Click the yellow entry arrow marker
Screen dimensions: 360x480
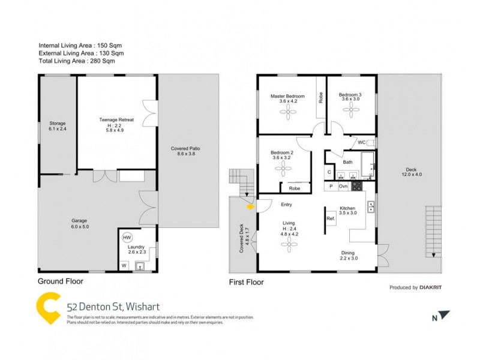(x=250, y=207)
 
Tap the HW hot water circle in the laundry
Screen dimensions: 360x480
(x=127, y=238)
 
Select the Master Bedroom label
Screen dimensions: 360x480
(x=287, y=96)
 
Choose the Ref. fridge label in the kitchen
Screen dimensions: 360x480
(x=330, y=218)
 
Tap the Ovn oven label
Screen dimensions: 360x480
(x=343, y=187)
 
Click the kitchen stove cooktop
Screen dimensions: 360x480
(x=356, y=186)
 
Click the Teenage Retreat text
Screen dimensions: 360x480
(x=116, y=120)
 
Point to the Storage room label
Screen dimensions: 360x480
(x=58, y=123)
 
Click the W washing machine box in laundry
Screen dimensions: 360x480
(x=124, y=265)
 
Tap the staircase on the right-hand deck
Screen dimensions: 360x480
(x=432, y=232)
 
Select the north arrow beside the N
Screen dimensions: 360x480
(x=443, y=314)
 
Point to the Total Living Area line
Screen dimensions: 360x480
(x=76, y=61)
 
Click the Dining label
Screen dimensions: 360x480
(x=349, y=253)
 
